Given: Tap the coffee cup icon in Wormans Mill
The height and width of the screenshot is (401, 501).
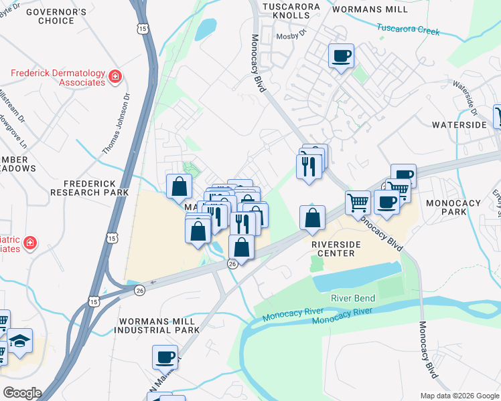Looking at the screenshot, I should click(341, 55).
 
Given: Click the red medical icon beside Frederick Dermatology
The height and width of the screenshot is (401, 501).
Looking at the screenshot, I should click(115, 77).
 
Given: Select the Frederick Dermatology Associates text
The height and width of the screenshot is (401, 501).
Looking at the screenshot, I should click(58, 78).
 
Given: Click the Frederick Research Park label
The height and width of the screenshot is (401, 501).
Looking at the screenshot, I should click(90, 188).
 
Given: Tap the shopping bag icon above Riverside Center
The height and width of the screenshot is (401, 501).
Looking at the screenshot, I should click(312, 218).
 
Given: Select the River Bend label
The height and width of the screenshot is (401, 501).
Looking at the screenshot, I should click(353, 298).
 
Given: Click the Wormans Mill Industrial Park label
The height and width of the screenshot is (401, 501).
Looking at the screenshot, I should click(159, 326).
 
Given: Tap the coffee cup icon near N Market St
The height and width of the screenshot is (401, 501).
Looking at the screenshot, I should click(165, 357).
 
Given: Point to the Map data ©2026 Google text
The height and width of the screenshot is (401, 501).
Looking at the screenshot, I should click(459, 396).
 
